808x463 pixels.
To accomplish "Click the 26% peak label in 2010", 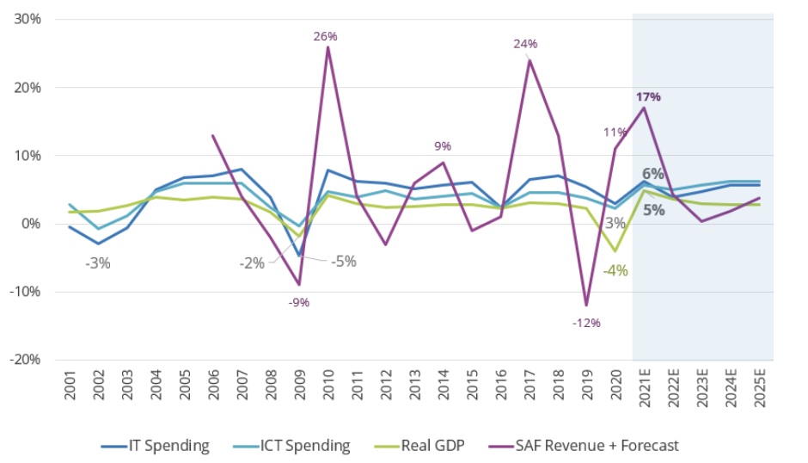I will pos(326,36).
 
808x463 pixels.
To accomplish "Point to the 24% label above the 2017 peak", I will pos(525,44).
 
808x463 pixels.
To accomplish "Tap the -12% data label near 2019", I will pos(586,323).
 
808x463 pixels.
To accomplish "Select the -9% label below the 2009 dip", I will pos(298,302).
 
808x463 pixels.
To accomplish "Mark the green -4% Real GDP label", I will pos(615,270).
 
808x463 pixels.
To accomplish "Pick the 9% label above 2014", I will pos(443,146).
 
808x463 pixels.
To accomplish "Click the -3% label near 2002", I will pos(98,263).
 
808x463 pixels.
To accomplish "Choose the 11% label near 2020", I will pos(615,133).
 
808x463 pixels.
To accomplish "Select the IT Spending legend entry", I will pos(155,445).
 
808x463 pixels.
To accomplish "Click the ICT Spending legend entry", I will pos(292,445).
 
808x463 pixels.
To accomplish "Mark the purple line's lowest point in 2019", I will pos(586,305).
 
